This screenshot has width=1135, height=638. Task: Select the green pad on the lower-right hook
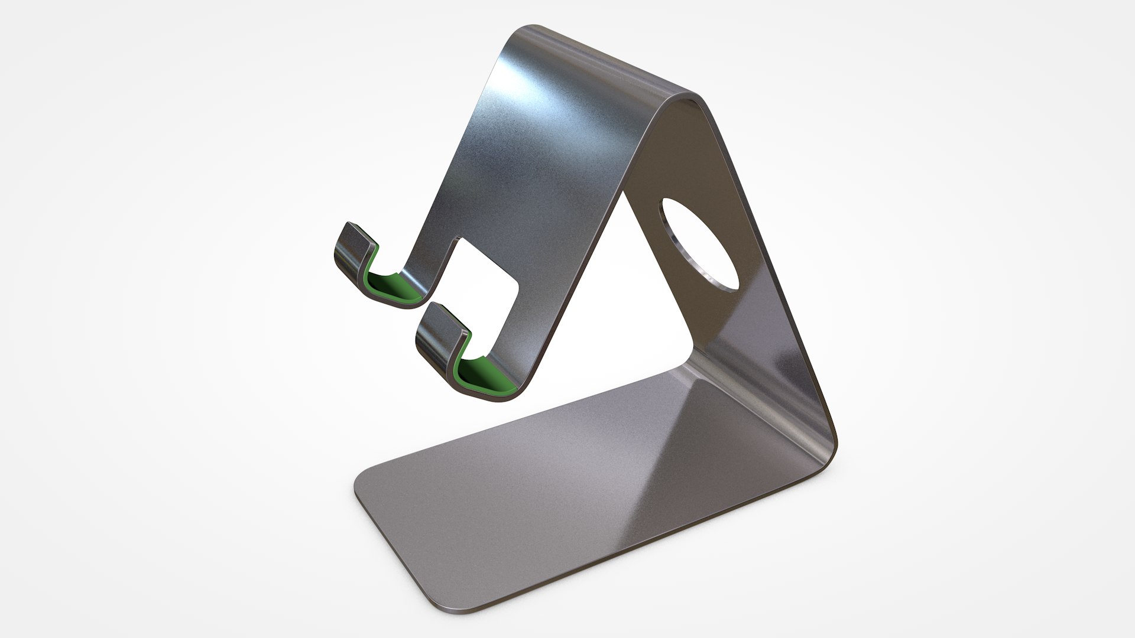pyautogui.click(x=485, y=372)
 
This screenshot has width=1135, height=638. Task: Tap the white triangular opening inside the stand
pyautogui.click(x=621, y=307)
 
